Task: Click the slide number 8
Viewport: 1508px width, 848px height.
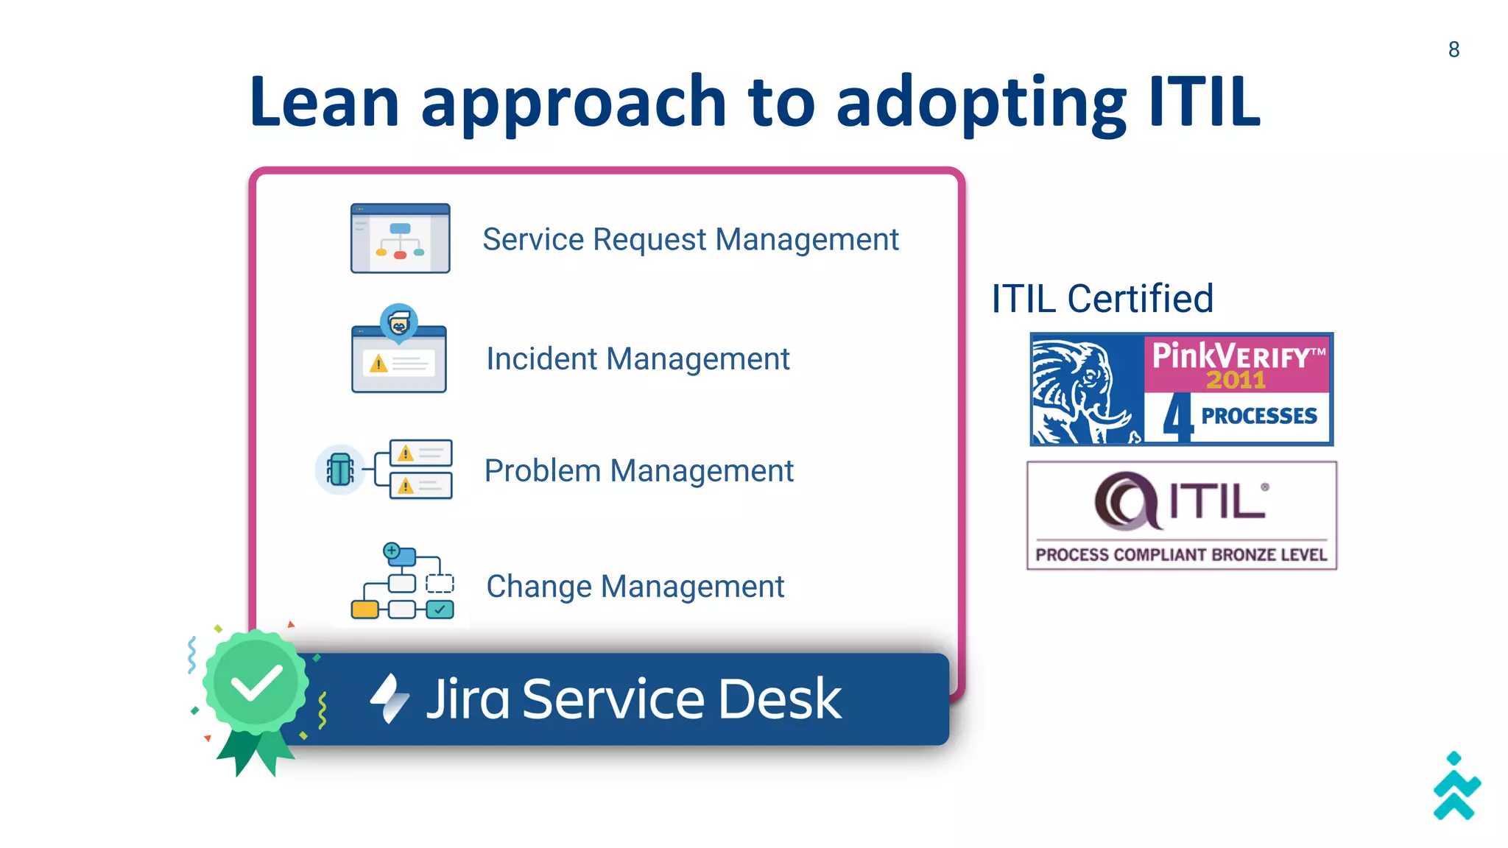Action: coord(1454,49)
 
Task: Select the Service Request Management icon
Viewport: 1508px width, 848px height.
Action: coord(400,239)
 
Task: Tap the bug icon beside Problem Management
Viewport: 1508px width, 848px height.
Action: coord(340,469)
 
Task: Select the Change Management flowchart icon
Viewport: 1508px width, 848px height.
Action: coord(402,582)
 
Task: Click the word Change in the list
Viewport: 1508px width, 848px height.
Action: coord(539,587)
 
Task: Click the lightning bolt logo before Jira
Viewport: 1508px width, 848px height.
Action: coord(389,698)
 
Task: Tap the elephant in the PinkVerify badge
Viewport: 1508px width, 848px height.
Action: coord(1084,390)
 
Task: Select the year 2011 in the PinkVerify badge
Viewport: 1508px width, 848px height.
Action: coord(1235,380)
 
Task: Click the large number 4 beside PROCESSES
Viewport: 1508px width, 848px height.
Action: coord(1177,417)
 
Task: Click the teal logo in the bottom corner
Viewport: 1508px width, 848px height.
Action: coord(1456,787)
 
